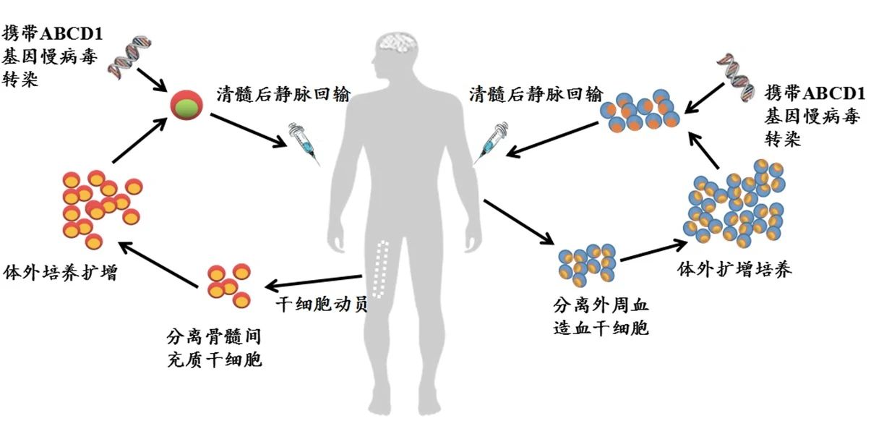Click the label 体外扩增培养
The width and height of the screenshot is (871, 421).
[734, 270]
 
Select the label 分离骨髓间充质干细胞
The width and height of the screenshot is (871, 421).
[213, 348]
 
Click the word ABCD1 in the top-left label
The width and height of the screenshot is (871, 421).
[79, 33]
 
